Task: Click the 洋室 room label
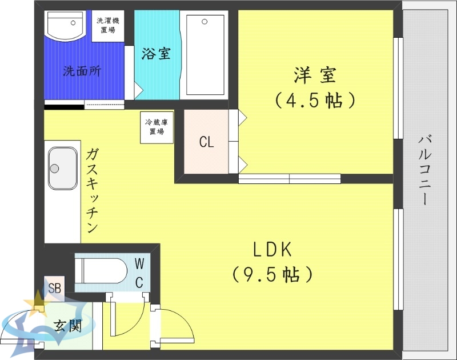(315, 75)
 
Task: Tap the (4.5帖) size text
(315, 101)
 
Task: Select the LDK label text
(272, 250)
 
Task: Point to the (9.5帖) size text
(272, 274)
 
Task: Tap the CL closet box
(206, 142)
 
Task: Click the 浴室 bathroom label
(155, 54)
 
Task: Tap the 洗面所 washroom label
(82, 72)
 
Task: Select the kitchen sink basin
(62, 168)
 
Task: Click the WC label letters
(139, 272)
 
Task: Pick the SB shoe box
(55, 287)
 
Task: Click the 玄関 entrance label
(67, 326)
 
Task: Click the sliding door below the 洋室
(289, 178)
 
